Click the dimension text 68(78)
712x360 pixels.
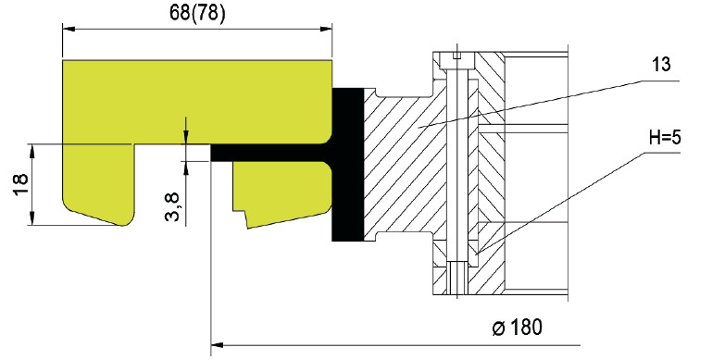tap(197, 13)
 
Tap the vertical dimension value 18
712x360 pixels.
tap(21, 184)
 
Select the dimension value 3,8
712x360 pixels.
tap(172, 206)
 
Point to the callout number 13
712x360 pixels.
tap(661, 65)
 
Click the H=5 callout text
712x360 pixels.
tap(665, 137)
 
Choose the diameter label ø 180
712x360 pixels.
tap(518, 328)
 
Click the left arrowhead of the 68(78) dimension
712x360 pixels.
tap(69, 29)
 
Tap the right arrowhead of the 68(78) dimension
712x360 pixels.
tap(326, 29)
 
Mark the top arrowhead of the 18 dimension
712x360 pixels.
tap(31, 150)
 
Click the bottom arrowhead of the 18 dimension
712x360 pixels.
tap(31, 218)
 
